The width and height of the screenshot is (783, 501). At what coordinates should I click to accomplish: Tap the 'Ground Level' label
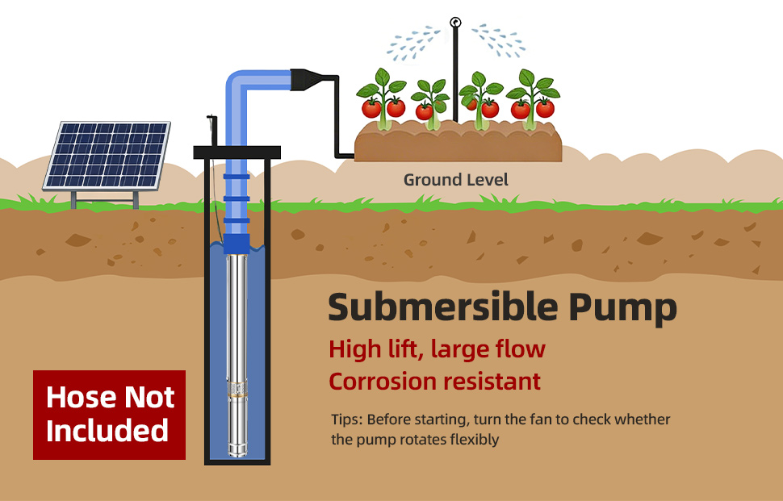click(456, 179)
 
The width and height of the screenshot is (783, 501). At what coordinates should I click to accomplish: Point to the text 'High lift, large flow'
click(437, 349)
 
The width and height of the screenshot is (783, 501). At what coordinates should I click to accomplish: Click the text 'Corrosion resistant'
click(434, 381)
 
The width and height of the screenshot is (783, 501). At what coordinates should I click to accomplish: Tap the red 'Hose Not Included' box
click(109, 414)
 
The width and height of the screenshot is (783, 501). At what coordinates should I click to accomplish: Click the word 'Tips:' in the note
click(348, 420)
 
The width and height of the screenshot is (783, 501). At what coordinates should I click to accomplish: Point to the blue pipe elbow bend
click(239, 84)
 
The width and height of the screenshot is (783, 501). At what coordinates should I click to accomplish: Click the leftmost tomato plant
click(383, 101)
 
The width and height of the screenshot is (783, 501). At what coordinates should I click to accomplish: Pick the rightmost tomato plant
click(532, 101)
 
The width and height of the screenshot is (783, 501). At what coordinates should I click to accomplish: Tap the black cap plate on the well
click(237, 152)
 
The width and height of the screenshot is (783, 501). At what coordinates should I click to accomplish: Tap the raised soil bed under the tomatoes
click(457, 144)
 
